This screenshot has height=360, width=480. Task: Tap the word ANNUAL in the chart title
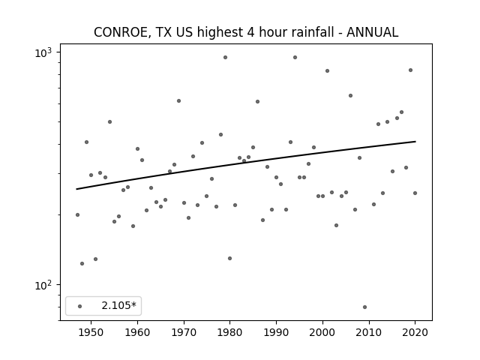[372, 32]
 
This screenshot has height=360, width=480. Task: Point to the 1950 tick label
[91, 332]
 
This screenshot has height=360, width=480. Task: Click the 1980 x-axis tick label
[230, 332]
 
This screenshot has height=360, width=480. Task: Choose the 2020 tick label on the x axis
[415, 332]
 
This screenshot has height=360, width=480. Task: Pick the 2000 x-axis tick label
[322, 332]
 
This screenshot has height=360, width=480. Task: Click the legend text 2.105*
[118, 305]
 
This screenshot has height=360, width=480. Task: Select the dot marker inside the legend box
[80, 306]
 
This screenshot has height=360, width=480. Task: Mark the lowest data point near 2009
[364, 307]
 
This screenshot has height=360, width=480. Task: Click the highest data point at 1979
[225, 57]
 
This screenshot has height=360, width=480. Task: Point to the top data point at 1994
[295, 57]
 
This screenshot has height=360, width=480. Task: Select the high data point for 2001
[327, 70]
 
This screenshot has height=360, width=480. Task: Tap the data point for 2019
[410, 70]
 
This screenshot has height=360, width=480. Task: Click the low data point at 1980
[230, 258]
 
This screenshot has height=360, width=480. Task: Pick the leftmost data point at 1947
[77, 215]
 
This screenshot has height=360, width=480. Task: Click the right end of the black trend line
[415, 142]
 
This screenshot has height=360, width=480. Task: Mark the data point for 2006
[350, 95]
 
